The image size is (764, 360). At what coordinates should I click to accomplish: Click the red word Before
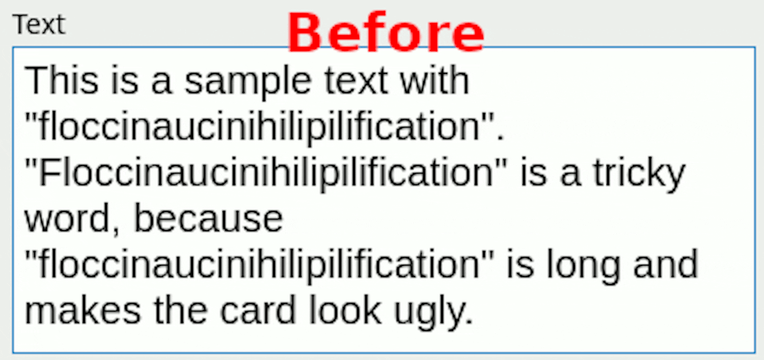pyautogui.click(x=386, y=32)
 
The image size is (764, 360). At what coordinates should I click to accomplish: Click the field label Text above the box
pyautogui.click(x=39, y=24)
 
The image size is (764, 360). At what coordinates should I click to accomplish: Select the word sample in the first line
pyautogui.click(x=248, y=82)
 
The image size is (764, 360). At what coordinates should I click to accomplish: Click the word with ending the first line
pyautogui.click(x=434, y=80)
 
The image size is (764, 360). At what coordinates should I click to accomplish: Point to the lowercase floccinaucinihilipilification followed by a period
pyautogui.click(x=259, y=127)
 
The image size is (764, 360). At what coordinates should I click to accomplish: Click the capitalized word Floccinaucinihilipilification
pyautogui.click(x=266, y=173)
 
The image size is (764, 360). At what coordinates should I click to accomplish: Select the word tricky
pyautogui.click(x=639, y=174)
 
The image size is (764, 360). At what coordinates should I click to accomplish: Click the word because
pyautogui.click(x=209, y=218)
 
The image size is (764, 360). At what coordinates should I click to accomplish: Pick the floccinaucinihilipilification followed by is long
pyautogui.click(x=259, y=265)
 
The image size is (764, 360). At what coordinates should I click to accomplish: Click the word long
pyautogui.click(x=584, y=266)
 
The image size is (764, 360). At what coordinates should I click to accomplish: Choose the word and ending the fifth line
pyautogui.click(x=666, y=264)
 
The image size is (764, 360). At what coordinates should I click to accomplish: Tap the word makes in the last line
pyautogui.click(x=83, y=310)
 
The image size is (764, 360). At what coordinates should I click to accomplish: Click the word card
pyautogui.click(x=258, y=310)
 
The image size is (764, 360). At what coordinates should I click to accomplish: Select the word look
pyautogui.click(x=345, y=310)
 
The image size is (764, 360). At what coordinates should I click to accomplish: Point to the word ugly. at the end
pyautogui.click(x=433, y=312)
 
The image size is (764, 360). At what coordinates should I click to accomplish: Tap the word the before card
pyautogui.click(x=181, y=310)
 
